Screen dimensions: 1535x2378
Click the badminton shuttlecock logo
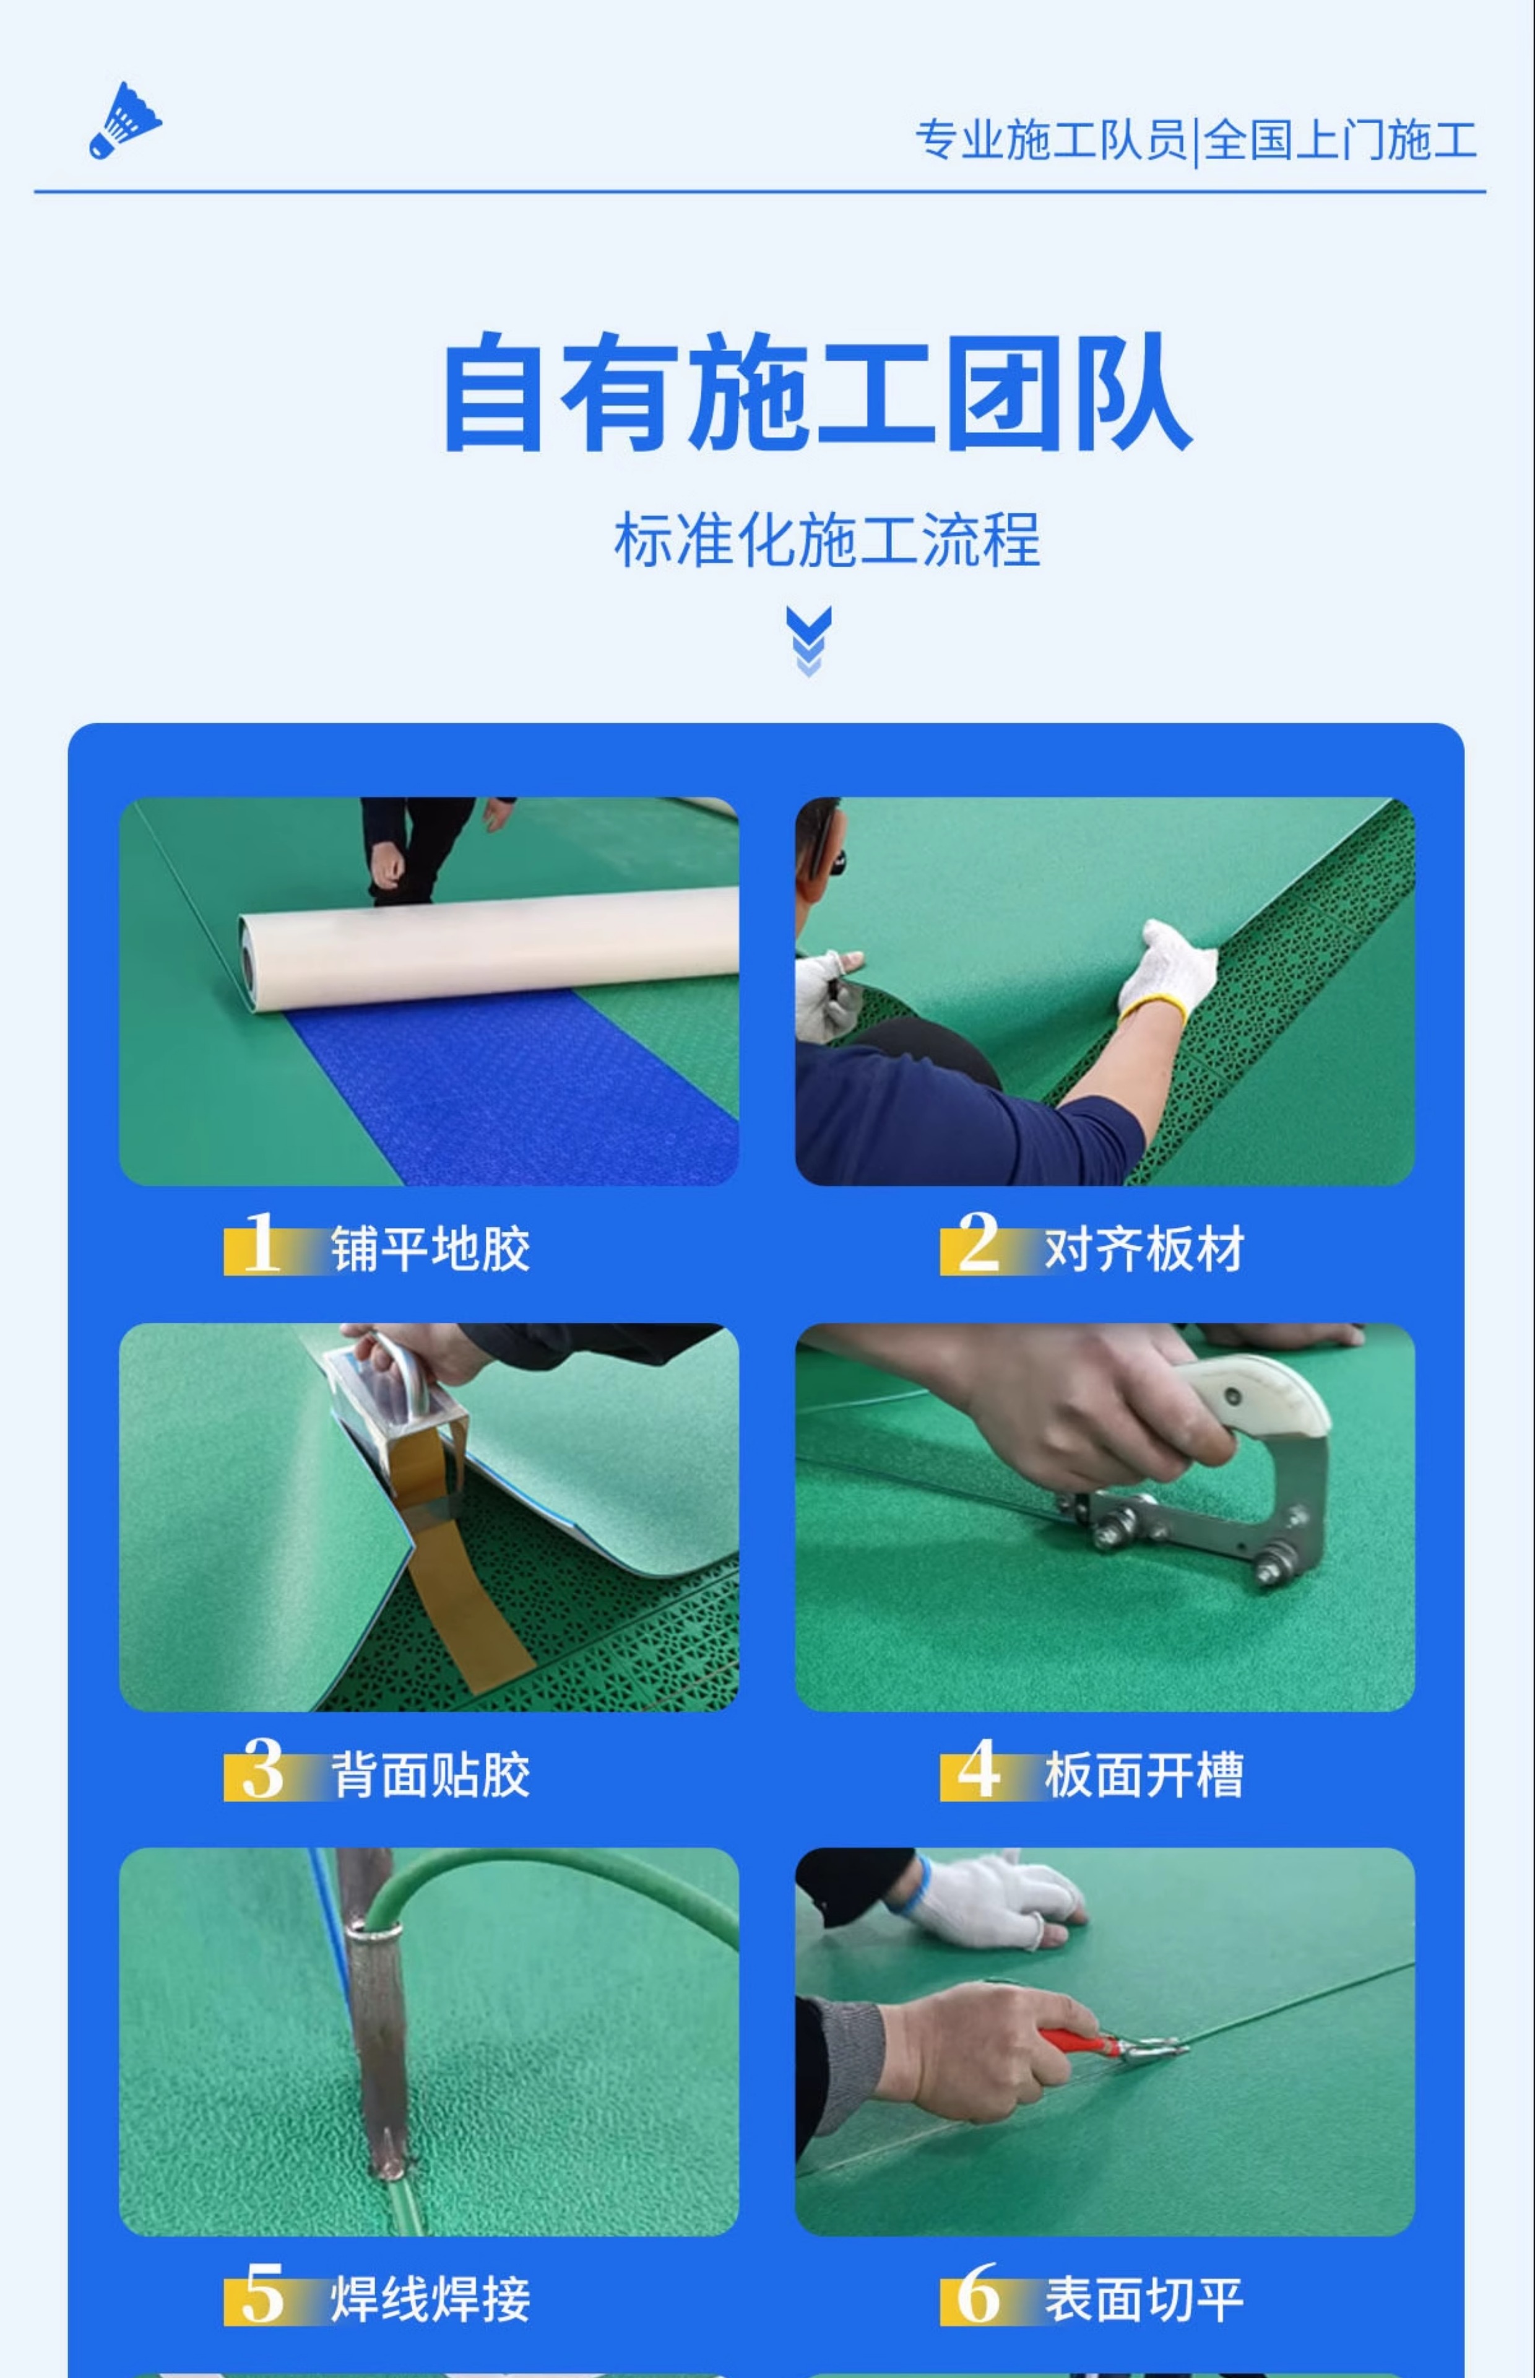124,121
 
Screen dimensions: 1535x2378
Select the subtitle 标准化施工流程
828,539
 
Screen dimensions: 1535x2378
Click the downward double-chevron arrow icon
808,640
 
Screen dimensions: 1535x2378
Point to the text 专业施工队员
1052,139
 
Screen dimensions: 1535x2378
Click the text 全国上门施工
1339,139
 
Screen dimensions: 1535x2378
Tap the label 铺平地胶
431,1248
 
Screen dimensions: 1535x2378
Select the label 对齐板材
1144,1248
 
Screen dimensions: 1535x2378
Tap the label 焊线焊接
431,2299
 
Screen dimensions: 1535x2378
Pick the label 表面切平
1144,2299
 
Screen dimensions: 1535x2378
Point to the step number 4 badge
978,1770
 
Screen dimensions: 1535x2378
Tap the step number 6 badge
978,2294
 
